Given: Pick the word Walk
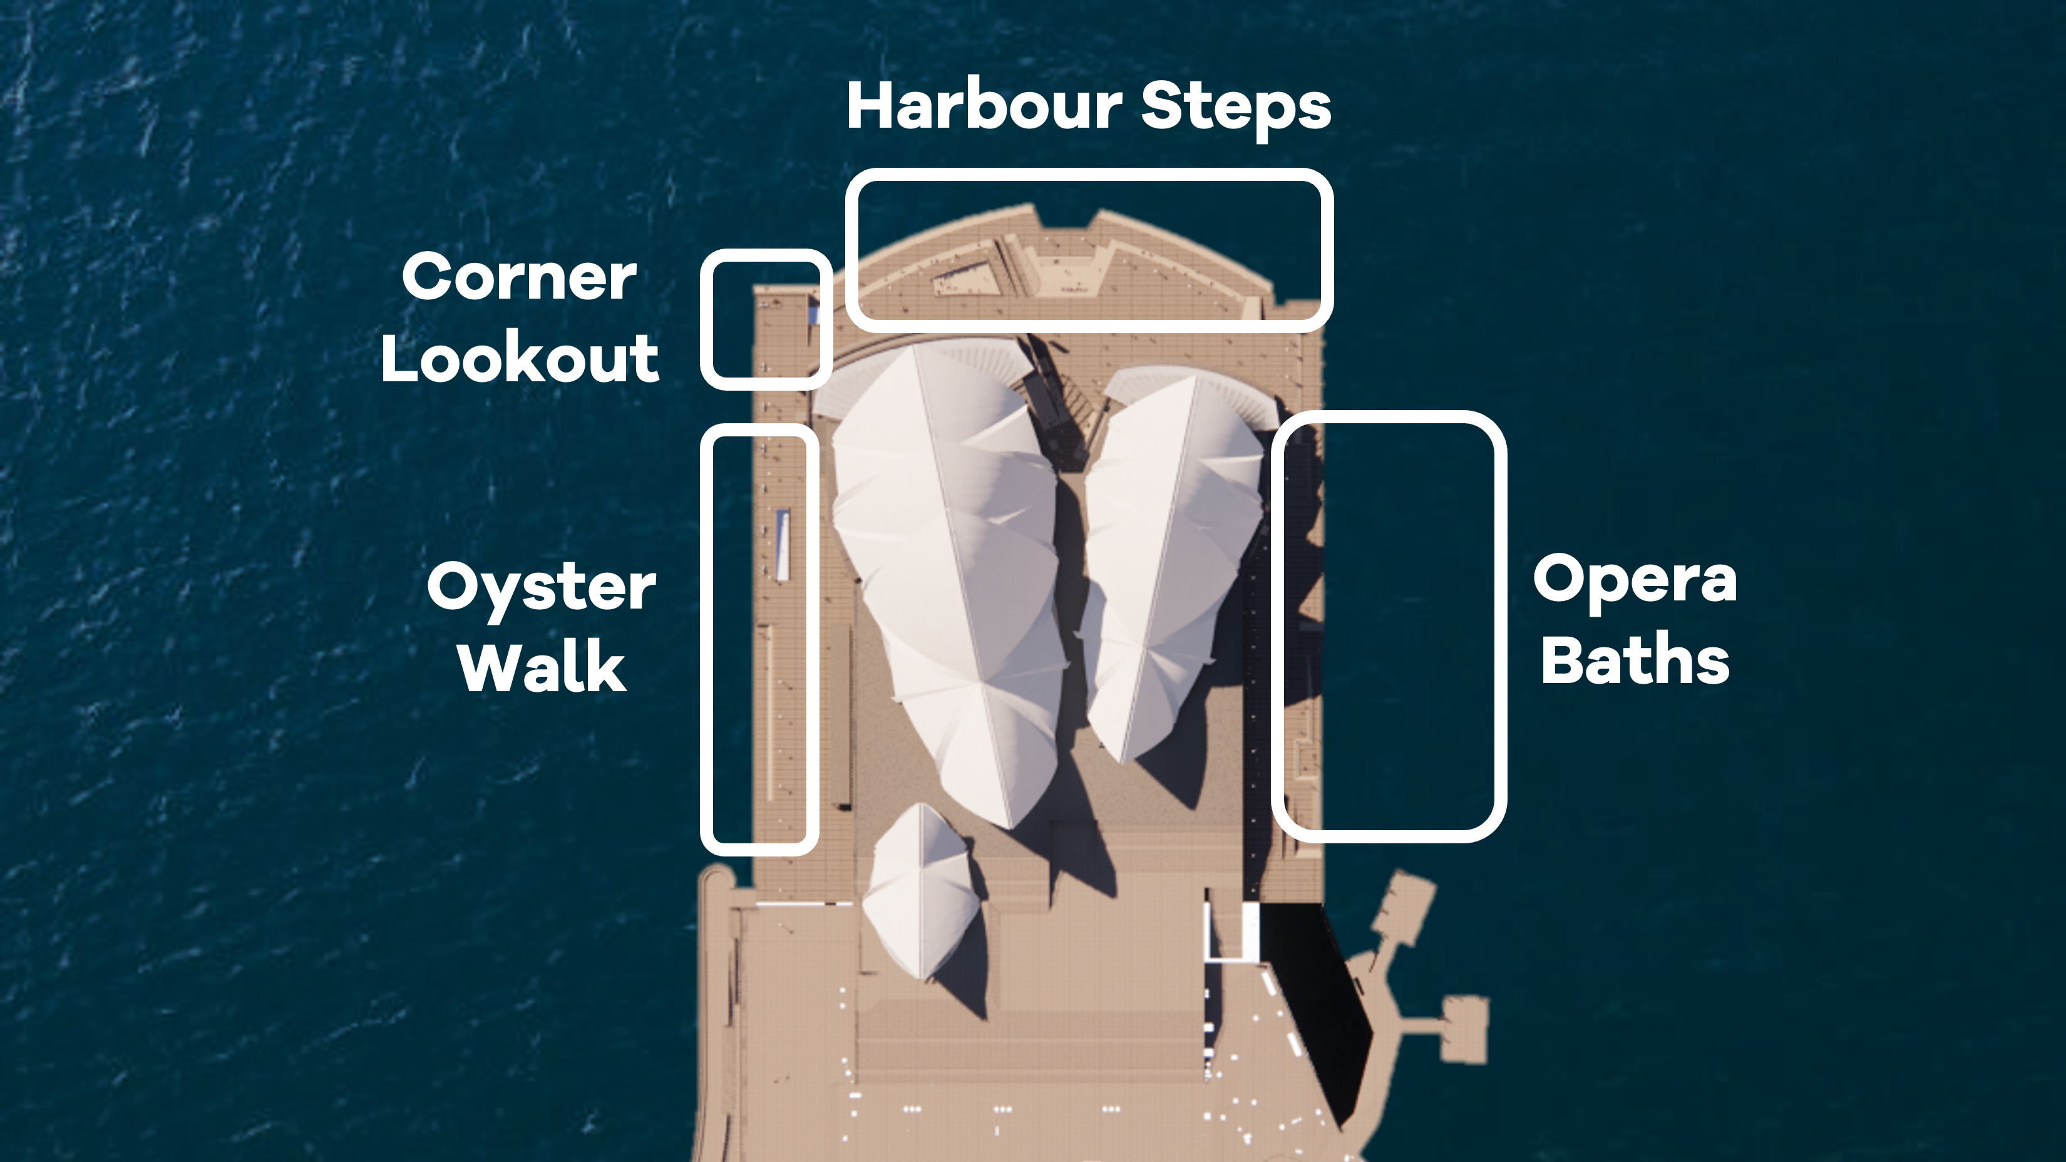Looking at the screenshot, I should [542, 667].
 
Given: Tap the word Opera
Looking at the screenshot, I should [1635, 579].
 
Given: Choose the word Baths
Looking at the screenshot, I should [1635, 660].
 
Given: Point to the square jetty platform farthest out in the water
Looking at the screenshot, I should [1464, 1030].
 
